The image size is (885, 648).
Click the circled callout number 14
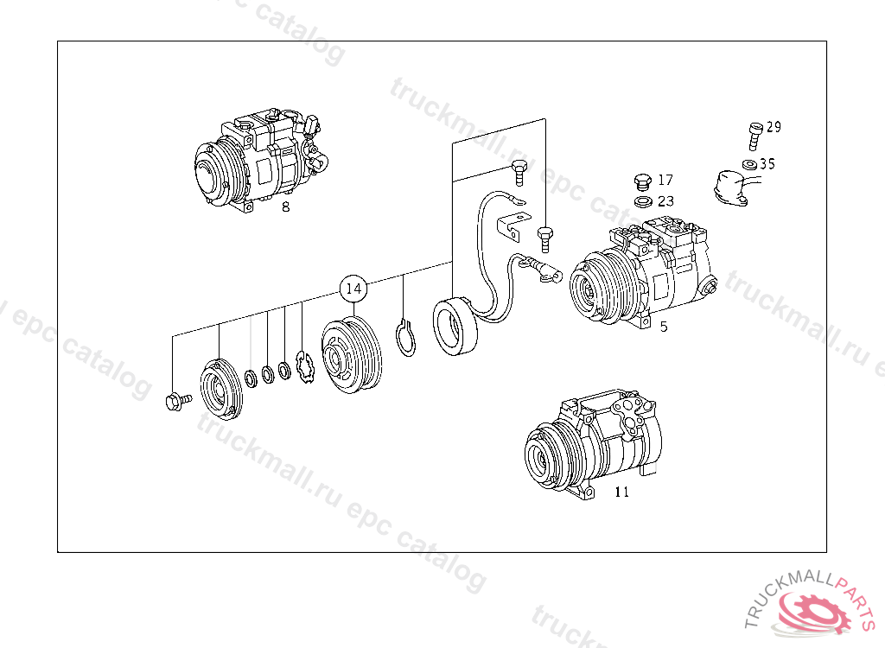pyautogui.click(x=353, y=289)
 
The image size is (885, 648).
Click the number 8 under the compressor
pyautogui.click(x=285, y=207)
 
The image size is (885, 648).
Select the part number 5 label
pyautogui.click(x=664, y=327)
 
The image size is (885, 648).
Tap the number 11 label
pyautogui.click(x=621, y=492)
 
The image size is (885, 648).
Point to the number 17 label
pyautogui.click(x=666, y=180)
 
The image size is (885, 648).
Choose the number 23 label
pyautogui.click(x=666, y=201)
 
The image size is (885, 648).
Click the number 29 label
pyautogui.click(x=774, y=127)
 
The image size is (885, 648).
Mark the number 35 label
pyautogui.click(x=767, y=163)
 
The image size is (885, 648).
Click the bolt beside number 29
pyautogui.click(x=755, y=136)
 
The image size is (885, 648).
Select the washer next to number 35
pyautogui.click(x=750, y=165)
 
